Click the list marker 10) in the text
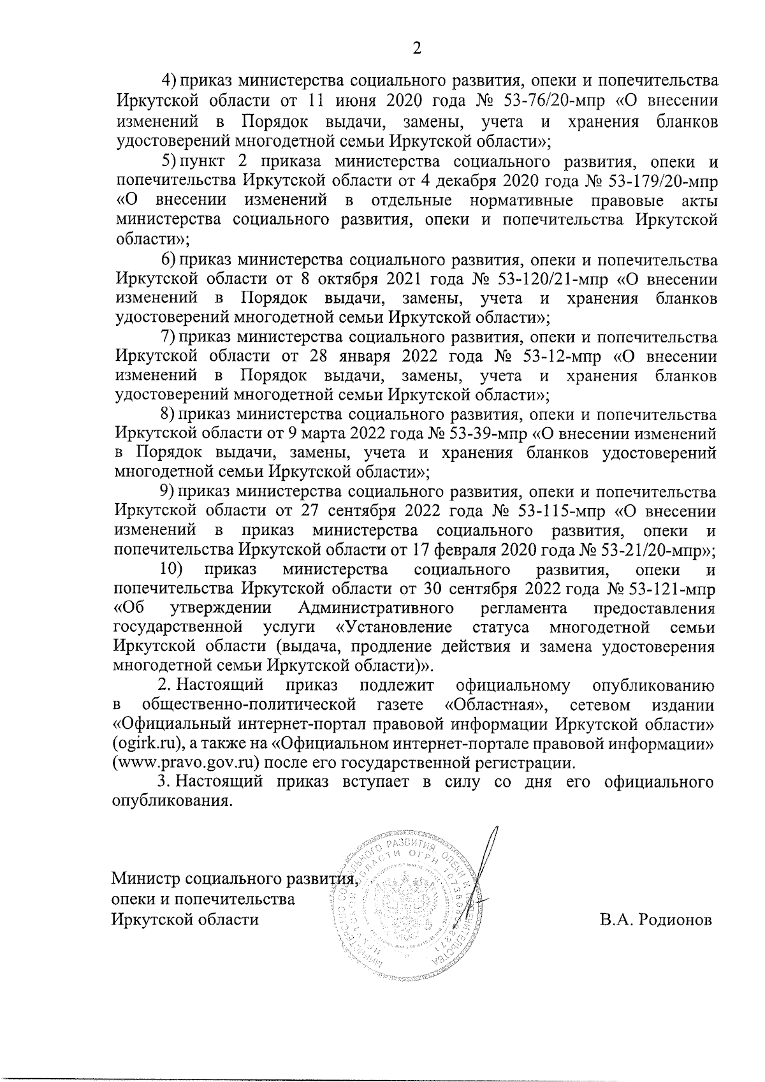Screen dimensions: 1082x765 171,569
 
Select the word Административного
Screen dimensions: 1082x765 375,608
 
